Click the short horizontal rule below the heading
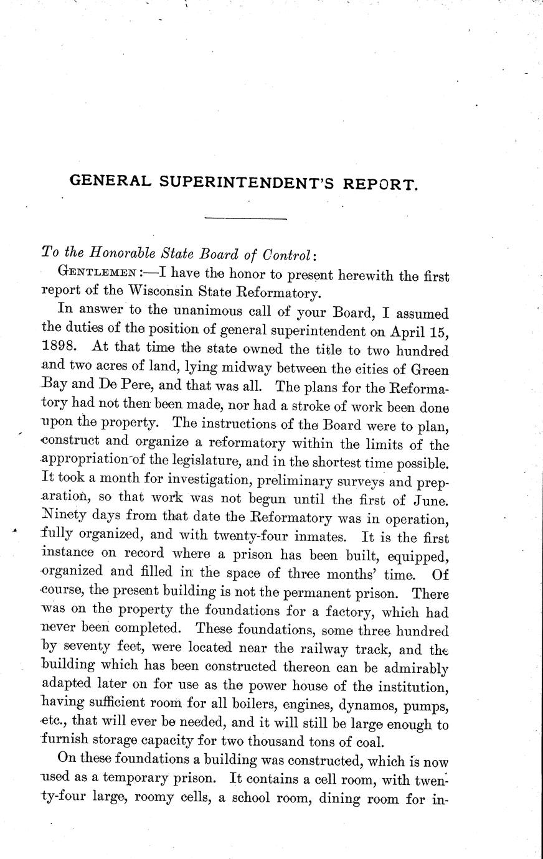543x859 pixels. coord(245,218)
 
